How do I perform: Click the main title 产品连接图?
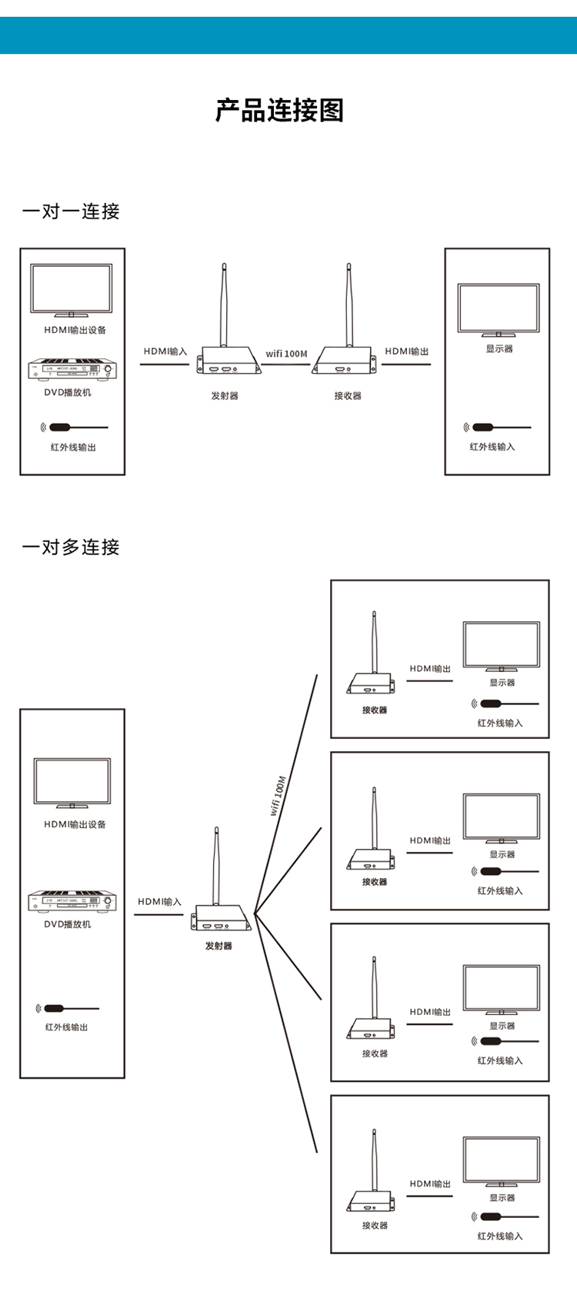pyautogui.click(x=279, y=111)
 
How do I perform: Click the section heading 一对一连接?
pyautogui.click(x=71, y=211)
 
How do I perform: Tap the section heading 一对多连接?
pyautogui.click(x=71, y=547)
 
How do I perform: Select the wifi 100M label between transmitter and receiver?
pyautogui.click(x=286, y=354)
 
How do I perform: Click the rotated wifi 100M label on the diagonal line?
pyautogui.click(x=278, y=796)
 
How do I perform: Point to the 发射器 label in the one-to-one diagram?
pyautogui.click(x=225, y=396)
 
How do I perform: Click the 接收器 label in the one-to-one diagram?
pyautogui.click(x=348, y=396)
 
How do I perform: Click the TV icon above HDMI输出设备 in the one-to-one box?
pyautogui.click(x=72, y=291)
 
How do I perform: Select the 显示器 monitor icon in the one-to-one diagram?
pyautogui.click(x=499, y=310)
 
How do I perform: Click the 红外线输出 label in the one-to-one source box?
pyautogui.click(x=73, y=447)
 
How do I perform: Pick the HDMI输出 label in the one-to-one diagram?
pyautogui.click(x=407, y=351)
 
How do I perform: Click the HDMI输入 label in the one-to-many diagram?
pyautogui.click(x=160, y=902)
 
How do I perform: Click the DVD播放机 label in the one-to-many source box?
pyautogui.click(x=68, y=924)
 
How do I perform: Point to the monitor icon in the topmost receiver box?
pyautogui.click(x=502, y=647)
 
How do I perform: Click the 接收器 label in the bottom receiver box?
pyautogui.click(x=375, y=1226)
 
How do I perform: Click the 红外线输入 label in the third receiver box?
pyautogui.click(x=500, y=1061)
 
